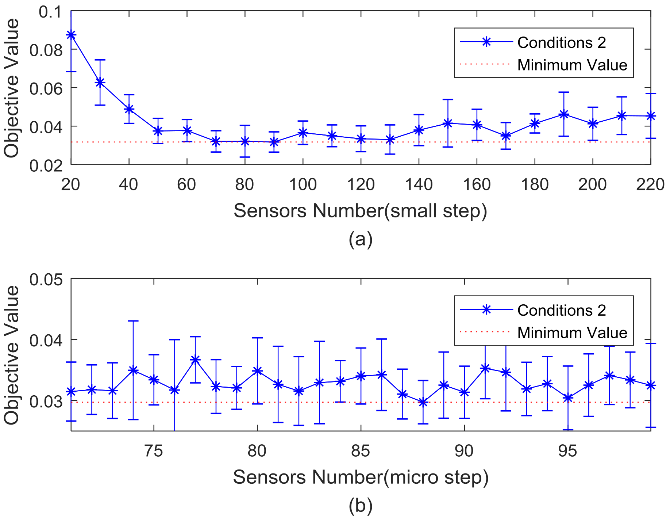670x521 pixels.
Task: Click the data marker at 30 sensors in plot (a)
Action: point(100,83)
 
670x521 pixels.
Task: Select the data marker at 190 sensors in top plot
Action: point(564,114)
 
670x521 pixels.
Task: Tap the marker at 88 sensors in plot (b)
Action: point(423,402)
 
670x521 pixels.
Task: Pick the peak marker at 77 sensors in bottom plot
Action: point(195,360)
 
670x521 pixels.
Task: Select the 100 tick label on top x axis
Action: point(303,185)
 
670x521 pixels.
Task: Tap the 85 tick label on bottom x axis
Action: point(361,451)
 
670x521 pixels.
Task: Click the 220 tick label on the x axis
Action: point(650,185)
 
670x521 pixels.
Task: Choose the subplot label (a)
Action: point(361,239)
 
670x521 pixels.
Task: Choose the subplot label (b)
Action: point(361,506)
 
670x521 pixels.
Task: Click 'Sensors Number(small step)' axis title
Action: point(361,211)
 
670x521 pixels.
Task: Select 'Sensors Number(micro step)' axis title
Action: point(361,478)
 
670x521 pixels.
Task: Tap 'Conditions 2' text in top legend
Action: point(562,43)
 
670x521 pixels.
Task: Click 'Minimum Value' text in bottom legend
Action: point(572,333)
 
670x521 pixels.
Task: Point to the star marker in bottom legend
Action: point(486,310)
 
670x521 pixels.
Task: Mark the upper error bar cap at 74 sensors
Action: point(133,321)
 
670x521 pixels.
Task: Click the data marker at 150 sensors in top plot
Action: point(448,123)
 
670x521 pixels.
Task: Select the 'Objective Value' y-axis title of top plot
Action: point(12,88)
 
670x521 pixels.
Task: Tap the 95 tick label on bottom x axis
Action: point(567,451)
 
